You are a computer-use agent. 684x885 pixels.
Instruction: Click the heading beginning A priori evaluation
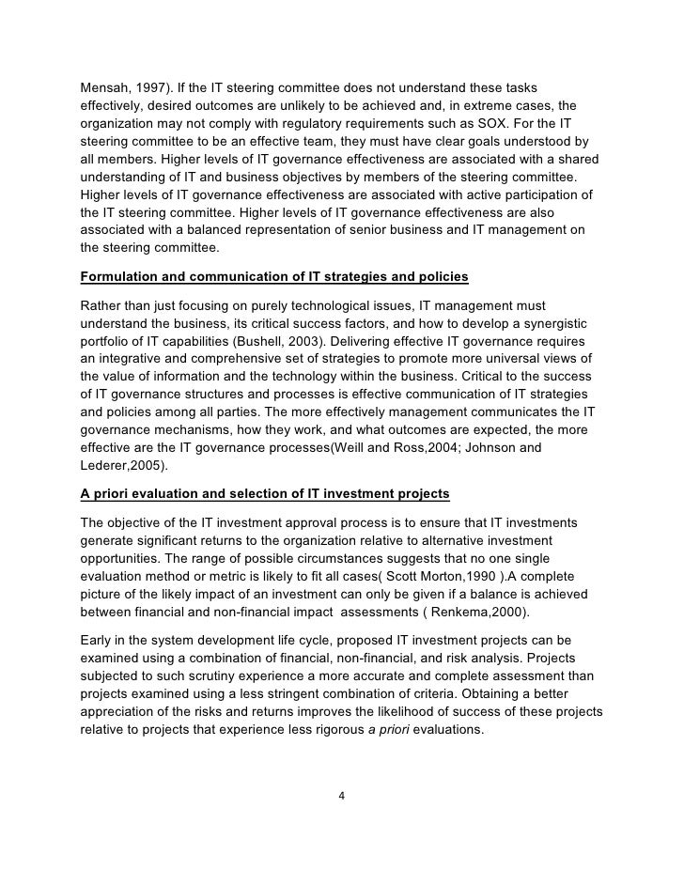click(x=265, y=494)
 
